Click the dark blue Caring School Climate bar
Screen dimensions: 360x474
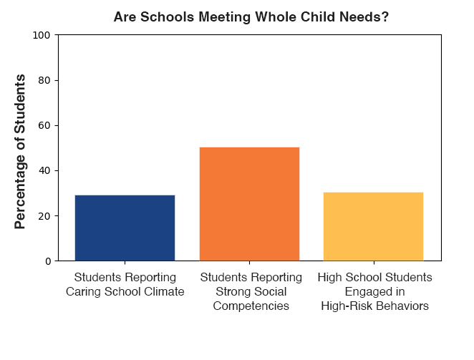coord(125,228)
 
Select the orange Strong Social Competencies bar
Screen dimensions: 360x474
coord(249,204)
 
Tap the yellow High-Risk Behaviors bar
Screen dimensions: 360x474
coord(373,226)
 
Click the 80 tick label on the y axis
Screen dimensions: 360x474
coord(44,80)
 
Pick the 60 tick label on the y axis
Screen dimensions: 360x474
coord(44,125)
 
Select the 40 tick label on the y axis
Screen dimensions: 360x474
coord(44,170)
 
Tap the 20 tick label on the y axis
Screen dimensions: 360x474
coord(44,215)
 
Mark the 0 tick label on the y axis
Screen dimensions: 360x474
coord(47,261)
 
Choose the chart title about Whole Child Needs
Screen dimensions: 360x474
coord(251,16)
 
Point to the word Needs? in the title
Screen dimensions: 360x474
coord(368,16)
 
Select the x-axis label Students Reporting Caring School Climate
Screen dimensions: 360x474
coord(125,284)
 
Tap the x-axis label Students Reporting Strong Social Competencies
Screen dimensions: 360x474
coord(249,291)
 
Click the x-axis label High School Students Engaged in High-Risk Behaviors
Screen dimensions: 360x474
coord(374,291)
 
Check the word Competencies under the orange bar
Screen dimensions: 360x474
coord(249,306)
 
